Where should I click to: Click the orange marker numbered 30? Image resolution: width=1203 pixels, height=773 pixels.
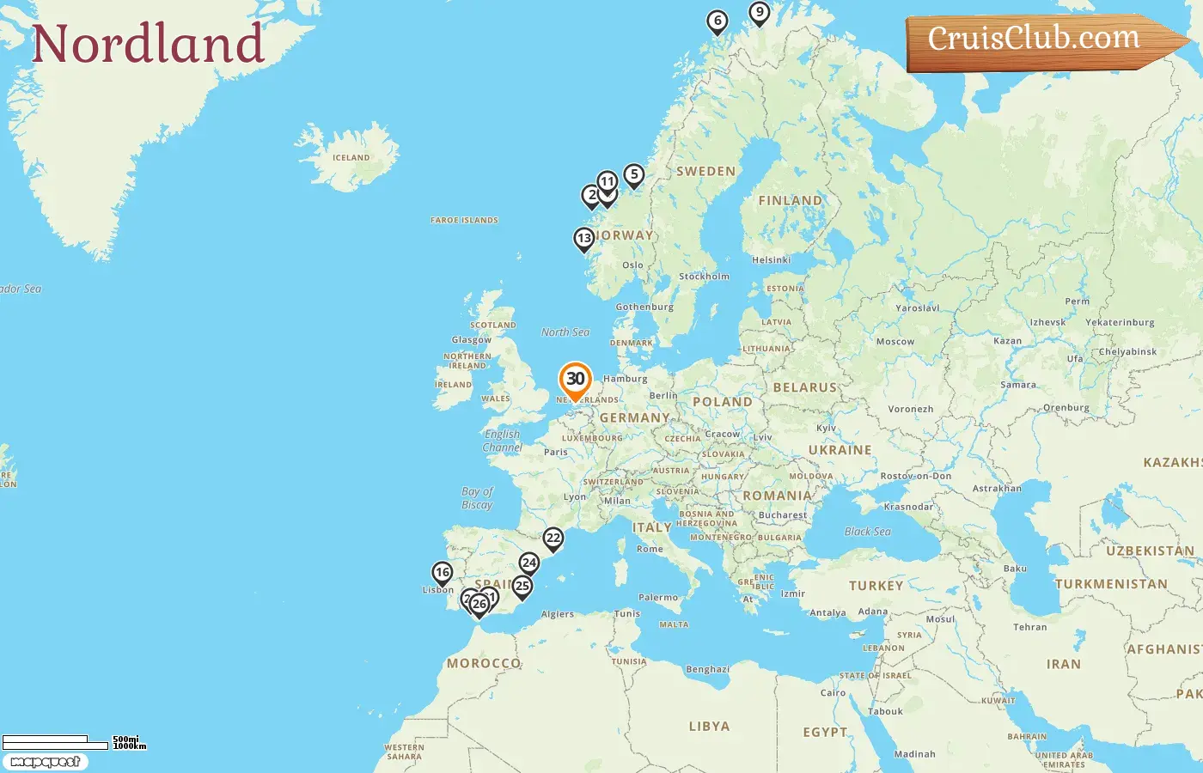tap(575, 380)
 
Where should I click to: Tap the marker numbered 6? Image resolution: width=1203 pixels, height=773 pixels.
tap(718, 21)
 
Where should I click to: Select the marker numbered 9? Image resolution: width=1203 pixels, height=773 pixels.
tap(759, 13)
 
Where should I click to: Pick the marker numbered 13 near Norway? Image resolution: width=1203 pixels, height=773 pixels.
tap(584, 239)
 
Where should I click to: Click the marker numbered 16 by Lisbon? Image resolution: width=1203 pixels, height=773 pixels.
tap(443, 573)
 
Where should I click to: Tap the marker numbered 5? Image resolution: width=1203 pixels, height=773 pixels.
tap(634, 175)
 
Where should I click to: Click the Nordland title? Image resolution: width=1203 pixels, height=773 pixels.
tap(147, 44)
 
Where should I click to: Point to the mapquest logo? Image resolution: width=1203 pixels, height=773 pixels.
tap(45, 762)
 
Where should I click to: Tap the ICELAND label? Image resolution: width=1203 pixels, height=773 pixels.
tap(351, 158)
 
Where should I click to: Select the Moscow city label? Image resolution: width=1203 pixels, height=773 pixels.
tap(895, 342)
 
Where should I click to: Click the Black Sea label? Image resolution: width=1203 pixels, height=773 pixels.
tap(867, 532)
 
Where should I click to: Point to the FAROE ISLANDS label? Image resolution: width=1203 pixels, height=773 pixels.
tap(464, 221)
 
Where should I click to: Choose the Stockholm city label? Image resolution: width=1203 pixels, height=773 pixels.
tap(704, 277)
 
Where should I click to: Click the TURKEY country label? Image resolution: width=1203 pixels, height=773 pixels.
tap(876, 586)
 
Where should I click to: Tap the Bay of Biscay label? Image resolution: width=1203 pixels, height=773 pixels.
tap(477, 498)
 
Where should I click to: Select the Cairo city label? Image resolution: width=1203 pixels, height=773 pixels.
tap(833, 693)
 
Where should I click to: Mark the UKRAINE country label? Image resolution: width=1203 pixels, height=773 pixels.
tap(840, 450)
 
